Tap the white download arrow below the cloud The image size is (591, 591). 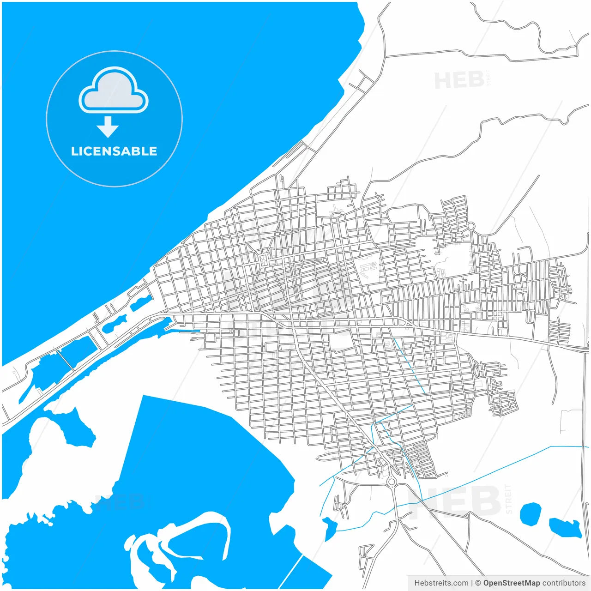108,127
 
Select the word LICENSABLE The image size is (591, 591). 114,151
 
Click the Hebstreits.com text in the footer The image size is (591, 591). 441,583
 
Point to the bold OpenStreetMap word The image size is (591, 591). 511,583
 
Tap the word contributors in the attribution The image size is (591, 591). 563,583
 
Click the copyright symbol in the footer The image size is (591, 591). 478,583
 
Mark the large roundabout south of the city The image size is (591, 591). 392,482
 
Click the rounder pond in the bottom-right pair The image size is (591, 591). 530,514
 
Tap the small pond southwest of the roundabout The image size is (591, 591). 330,527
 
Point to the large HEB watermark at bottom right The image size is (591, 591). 455,501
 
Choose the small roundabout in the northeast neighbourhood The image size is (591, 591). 471,226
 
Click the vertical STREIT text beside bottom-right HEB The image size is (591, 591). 509,499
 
